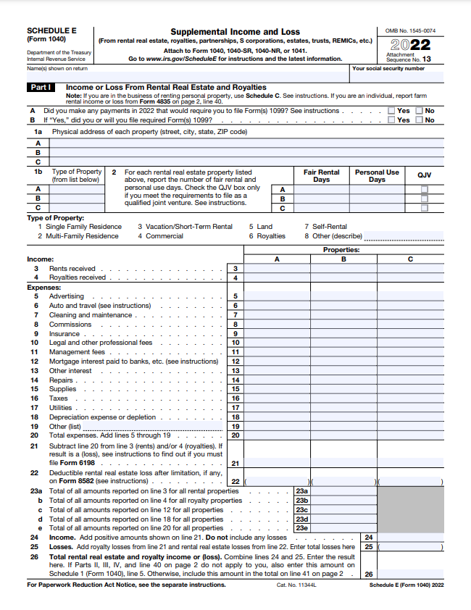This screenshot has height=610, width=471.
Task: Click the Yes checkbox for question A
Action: [x=391, y=111]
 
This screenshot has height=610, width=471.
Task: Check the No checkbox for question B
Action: [x=419, y=120]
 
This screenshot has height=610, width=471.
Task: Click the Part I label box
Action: [x=39, y=87]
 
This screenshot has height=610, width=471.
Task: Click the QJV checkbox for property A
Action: [x=425, y=189]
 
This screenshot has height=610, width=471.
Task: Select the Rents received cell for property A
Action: [x=277, y=269]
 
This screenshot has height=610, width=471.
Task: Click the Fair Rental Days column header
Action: [x=321, y=176]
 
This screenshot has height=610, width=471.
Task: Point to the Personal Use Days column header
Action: [x=377, y=176]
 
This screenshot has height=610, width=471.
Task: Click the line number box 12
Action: [x=236, y=362]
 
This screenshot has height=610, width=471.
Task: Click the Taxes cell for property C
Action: [x=410, y=398]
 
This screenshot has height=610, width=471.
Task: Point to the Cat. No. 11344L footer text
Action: [x=291, y=585]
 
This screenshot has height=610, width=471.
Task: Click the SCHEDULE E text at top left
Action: [x=51, y=30]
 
